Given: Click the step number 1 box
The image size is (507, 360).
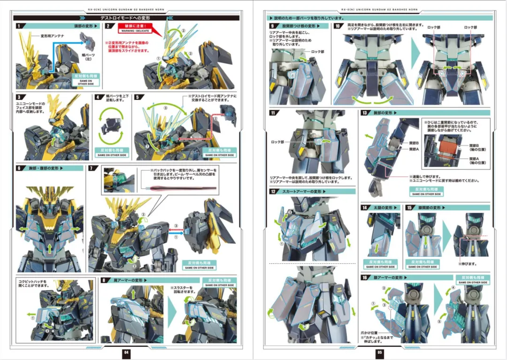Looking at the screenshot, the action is (x=19, y=26).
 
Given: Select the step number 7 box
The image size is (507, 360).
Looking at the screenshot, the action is (x=93, y=168).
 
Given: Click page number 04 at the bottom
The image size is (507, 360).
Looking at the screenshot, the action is (x=126, y=352).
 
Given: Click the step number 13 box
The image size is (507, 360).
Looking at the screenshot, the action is (x=364, y=113).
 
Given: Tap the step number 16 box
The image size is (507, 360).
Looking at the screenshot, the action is (x=364, y=277).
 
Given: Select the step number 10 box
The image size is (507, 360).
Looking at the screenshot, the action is (x=338, y=26).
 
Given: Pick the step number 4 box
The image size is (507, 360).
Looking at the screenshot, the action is (x=97, y=98).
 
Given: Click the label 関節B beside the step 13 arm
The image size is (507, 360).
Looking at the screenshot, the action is (x=414, y=143).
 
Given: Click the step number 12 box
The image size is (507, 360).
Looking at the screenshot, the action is (x=272, y=191).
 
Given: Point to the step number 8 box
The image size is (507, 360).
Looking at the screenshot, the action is (x=104, y=280).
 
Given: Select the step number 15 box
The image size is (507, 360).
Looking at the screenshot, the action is (x=409, y=207).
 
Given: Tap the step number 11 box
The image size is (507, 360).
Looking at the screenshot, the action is (x=272, y=113).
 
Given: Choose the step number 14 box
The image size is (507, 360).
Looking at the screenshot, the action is (x=364, y=207).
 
